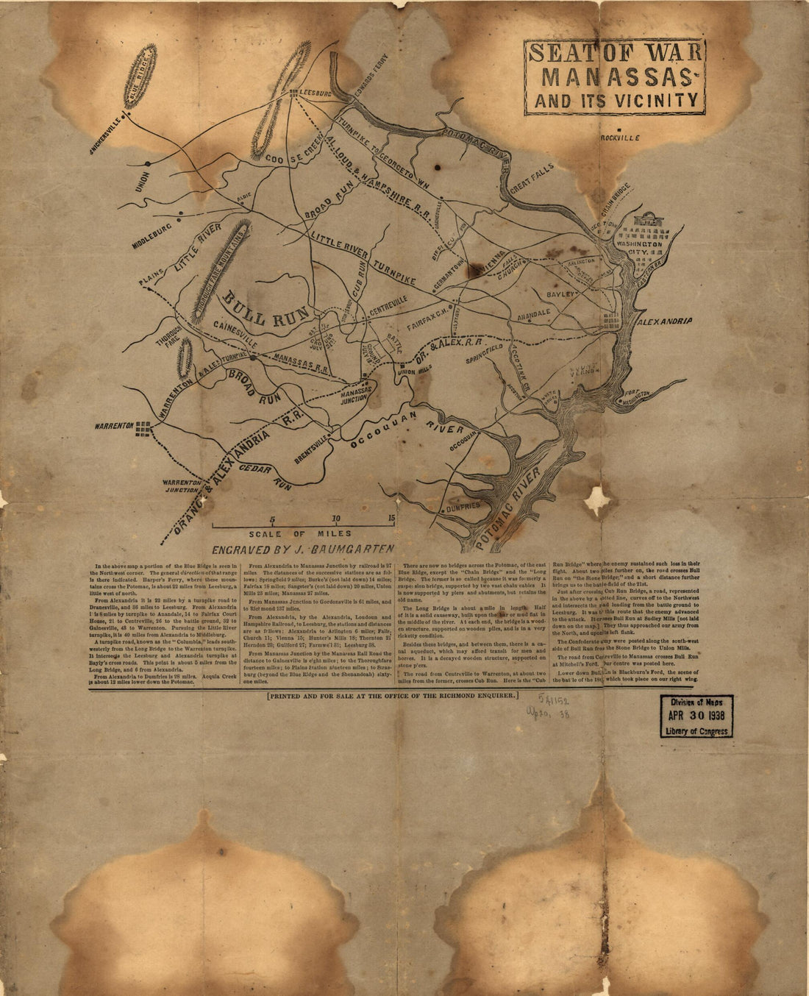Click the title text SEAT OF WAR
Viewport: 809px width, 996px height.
coord(615,54)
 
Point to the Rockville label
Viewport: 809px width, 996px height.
coord(619,138)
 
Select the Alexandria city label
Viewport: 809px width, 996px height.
coord(666,322)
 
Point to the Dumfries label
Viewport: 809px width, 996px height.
coord(463,506)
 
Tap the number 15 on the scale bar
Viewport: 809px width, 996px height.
coord(391,517)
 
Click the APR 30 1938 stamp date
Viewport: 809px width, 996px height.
coord(696,716)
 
